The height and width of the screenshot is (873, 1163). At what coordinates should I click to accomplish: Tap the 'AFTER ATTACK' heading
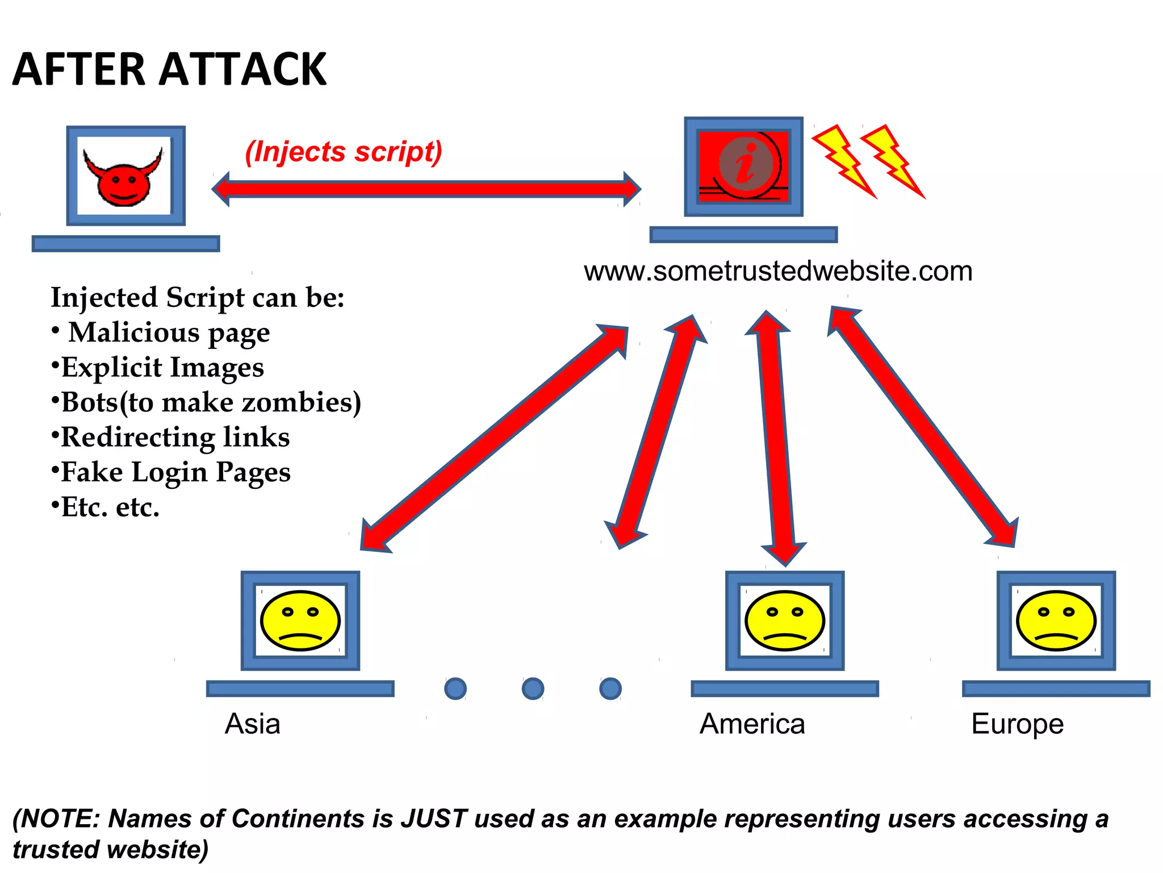[169, 69]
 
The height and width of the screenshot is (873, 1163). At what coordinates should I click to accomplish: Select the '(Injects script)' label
[343, 152]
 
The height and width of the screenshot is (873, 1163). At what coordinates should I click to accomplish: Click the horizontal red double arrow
[426, 189]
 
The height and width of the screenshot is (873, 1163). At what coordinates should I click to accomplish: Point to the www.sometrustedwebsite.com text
[778, 271]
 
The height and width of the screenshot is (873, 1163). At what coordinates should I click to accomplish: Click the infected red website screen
[743, 166]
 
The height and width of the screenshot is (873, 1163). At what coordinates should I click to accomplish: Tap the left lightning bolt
[843, 160]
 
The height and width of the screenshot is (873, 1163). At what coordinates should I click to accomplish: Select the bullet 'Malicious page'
[169, 332]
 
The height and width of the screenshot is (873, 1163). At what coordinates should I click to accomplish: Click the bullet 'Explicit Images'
[162, 368]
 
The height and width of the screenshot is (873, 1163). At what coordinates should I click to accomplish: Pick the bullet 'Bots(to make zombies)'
[210, 402]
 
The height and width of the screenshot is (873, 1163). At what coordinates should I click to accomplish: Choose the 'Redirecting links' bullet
[175, 437]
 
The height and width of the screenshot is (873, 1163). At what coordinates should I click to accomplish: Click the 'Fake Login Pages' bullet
[175, 472]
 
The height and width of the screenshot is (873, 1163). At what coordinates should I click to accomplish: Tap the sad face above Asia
[300, 620]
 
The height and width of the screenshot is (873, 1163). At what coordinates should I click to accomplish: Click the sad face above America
[784, 620]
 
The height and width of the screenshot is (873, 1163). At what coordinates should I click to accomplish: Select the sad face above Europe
[1056, 620]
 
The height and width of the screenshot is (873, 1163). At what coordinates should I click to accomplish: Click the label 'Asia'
[252, 724]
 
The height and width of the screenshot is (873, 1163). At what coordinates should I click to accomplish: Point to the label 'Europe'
[1017, 724]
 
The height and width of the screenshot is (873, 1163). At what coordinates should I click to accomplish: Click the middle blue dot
[533, 688]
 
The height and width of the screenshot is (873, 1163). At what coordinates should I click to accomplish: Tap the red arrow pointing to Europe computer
[923, 426]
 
